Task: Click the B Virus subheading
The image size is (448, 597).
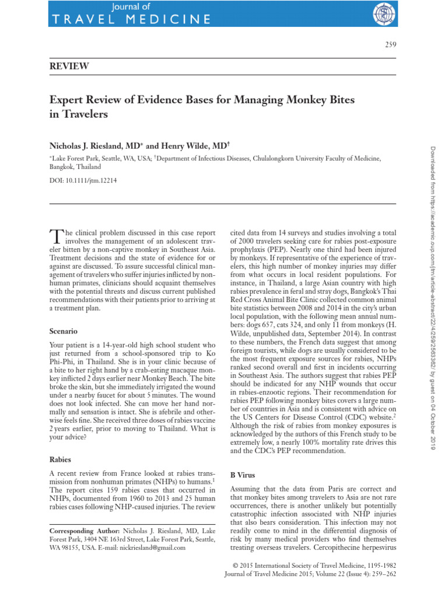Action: (x=243, y=475)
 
